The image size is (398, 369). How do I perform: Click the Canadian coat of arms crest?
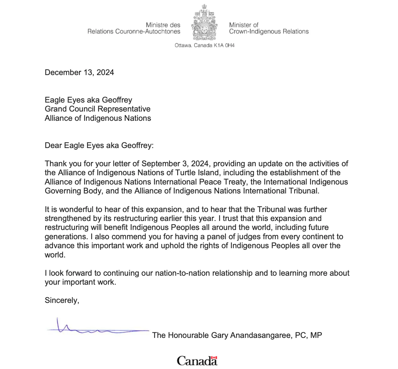coord(205,23)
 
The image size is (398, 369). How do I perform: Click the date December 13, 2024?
coord(79,73)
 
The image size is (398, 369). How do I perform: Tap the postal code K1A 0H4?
coord(224,45)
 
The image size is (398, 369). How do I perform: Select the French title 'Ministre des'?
coord(163,25)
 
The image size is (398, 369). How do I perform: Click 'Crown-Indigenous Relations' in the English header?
coord(269,32)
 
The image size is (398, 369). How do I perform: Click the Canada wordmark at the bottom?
coord(197,361)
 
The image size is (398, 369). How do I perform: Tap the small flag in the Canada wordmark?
coord(214,357)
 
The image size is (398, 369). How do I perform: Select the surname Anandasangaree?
coord(260,335)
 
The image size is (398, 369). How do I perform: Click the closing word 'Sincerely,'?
coord(62,300)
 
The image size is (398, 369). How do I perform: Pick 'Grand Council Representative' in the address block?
coord(98,109)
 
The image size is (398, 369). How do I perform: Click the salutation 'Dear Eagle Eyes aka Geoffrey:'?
coord(99,146)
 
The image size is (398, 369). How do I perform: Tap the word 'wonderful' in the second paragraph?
coord(76,210)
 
